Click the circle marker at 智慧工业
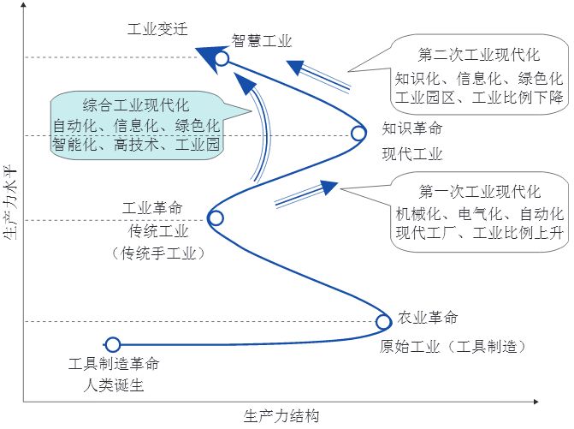click(x=222, y=58)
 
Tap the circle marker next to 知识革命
click(x=359, y=134)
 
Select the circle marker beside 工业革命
click(x=216, y=218)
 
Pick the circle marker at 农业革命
click(x=384, y=322)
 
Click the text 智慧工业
click(x=263, y=41)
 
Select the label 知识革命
click(x=412, y=130)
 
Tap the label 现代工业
click(x=412, y=154)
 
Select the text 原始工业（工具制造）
click(x=452, y=347)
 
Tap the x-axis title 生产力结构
click(x=281, y=416)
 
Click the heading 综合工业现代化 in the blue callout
click(x=136, y=106)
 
